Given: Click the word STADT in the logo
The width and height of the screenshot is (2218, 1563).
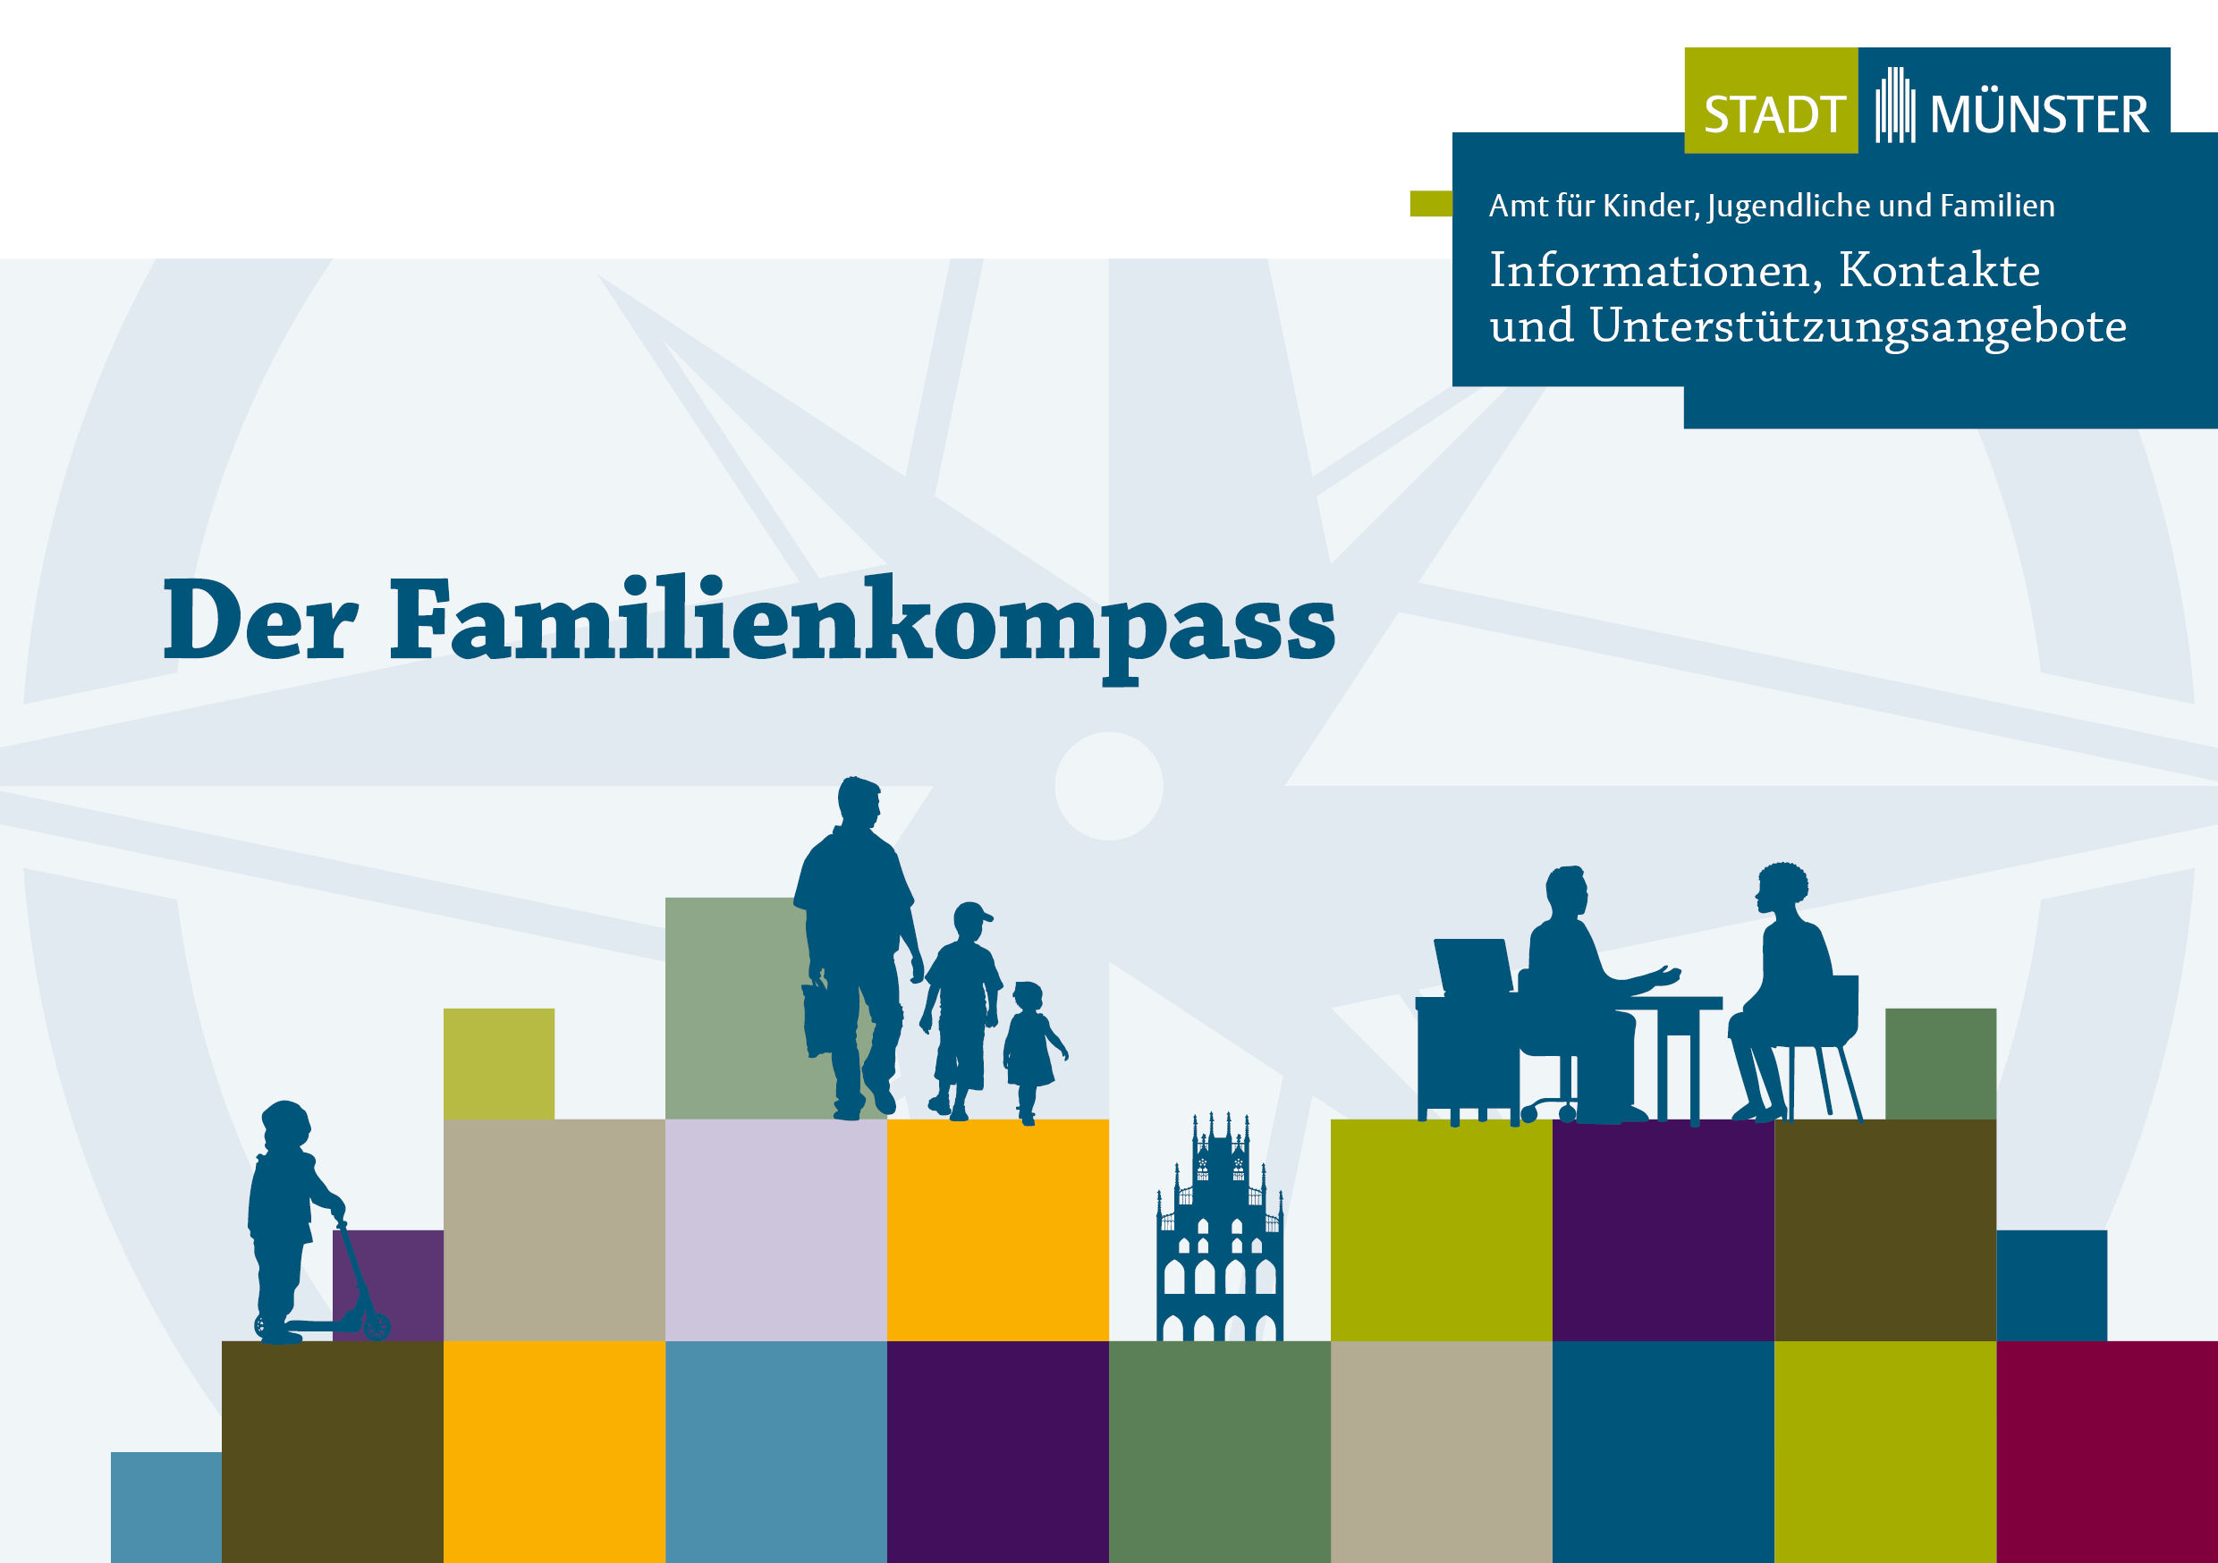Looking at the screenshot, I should (x=1774, y=115).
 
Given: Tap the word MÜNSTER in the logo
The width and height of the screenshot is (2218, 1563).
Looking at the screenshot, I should (x=2039, y=115).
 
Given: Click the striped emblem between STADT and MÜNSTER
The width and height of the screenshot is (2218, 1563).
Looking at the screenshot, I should (x=1894, y=106).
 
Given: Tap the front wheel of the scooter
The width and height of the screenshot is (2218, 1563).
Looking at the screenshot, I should (x=376, y=1325).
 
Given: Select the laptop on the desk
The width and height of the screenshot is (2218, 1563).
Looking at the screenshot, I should (x=1473, y=966).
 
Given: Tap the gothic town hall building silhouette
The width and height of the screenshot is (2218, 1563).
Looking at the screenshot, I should (x=1219, y=1237).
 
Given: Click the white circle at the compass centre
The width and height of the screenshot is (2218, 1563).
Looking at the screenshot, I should (x=1108, y=785).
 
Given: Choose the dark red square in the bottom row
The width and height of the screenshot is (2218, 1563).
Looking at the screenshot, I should (x=2106, y=1449).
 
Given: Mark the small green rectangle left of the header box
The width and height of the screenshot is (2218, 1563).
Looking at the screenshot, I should (x=1430, y=204).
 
